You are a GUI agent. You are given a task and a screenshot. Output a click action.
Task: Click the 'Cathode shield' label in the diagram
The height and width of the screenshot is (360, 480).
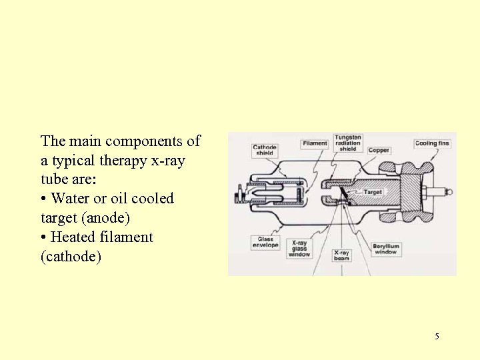point(265,150)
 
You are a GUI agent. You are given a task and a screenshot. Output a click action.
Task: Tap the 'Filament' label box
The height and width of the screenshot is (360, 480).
point(315,143)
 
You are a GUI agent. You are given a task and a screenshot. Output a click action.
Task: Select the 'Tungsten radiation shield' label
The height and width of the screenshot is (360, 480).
point(348,143)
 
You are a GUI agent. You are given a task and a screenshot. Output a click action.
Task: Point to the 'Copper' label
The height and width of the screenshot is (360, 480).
point(379,151)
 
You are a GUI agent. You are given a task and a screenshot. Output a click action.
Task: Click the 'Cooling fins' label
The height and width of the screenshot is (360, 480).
point(432,143)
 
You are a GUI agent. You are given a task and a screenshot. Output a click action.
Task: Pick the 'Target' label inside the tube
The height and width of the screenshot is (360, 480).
point(372,192)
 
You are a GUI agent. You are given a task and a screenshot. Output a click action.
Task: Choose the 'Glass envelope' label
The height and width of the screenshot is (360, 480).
point(265,243)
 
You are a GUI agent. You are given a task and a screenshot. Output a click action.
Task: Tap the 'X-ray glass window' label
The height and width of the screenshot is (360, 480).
point(299,248)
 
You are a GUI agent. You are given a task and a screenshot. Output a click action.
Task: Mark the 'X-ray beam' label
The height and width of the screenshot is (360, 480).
point(341,256)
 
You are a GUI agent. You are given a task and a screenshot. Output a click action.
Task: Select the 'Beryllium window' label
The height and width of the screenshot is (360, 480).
point(385,249)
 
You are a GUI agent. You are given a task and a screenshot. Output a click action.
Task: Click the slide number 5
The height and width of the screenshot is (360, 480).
point(437,336)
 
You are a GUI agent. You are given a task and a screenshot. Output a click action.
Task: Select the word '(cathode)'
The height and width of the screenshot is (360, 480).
point(71,257)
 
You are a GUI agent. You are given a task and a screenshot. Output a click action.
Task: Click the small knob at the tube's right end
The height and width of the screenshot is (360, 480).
point(449,192)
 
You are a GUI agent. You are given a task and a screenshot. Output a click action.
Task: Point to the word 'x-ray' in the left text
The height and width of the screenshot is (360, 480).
point(168,161)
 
